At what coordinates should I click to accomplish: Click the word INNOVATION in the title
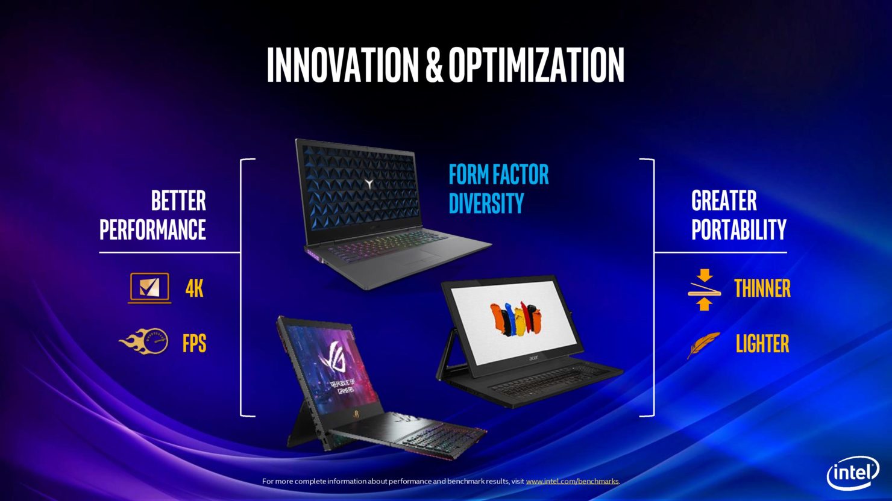tap(342, 65)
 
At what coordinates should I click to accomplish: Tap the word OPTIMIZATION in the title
tap(536, 65)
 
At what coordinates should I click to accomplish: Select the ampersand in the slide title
tap(434, 65)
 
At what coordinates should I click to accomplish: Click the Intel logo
tap(853, 473)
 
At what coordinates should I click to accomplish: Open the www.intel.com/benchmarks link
tap(572, 482)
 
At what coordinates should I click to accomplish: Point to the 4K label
tap(194, 288)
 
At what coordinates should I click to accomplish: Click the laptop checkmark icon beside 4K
tap(149, 288)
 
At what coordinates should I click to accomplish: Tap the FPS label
tap(194, 343)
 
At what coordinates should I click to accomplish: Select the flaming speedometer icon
tap(144, 341)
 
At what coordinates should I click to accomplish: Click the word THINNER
tap(762, 288)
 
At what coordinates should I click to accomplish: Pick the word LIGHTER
tap(762, 343)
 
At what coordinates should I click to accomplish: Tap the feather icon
tap(703, 344)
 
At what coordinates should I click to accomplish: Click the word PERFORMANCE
tap(152, 229)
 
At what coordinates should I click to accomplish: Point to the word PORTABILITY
tap(739, 229)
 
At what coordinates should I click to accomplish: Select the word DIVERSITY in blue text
tap(486, 204)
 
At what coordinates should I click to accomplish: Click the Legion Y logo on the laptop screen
tap(369, 184)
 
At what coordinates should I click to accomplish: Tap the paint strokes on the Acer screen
tap(515, 319)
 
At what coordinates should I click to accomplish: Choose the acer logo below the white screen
tap(533, 358)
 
